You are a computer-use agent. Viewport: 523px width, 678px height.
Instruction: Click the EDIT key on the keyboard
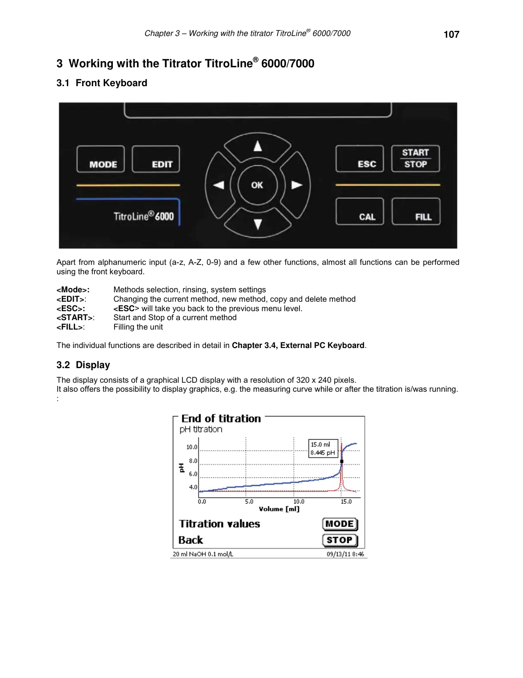156,159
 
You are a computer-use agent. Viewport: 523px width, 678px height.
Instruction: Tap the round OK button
257,185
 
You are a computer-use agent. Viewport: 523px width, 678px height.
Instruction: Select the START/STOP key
415,159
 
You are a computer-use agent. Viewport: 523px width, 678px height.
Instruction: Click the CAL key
360,212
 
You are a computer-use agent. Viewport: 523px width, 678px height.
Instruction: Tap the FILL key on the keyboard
416,212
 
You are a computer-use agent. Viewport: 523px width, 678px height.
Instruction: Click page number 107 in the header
451,35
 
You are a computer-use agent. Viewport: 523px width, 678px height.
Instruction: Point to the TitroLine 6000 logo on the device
143,216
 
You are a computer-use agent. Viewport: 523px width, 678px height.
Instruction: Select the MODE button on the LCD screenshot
340,524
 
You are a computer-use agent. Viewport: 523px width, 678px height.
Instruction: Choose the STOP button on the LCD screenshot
340,540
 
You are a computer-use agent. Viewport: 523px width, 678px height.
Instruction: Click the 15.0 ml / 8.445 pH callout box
323,448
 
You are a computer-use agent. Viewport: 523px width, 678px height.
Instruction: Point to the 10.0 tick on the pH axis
192,447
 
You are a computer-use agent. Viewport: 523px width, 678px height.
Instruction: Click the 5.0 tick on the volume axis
249,501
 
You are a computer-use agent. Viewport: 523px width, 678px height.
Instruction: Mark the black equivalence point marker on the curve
342,462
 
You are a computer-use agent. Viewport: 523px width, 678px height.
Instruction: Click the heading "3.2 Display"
83,365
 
